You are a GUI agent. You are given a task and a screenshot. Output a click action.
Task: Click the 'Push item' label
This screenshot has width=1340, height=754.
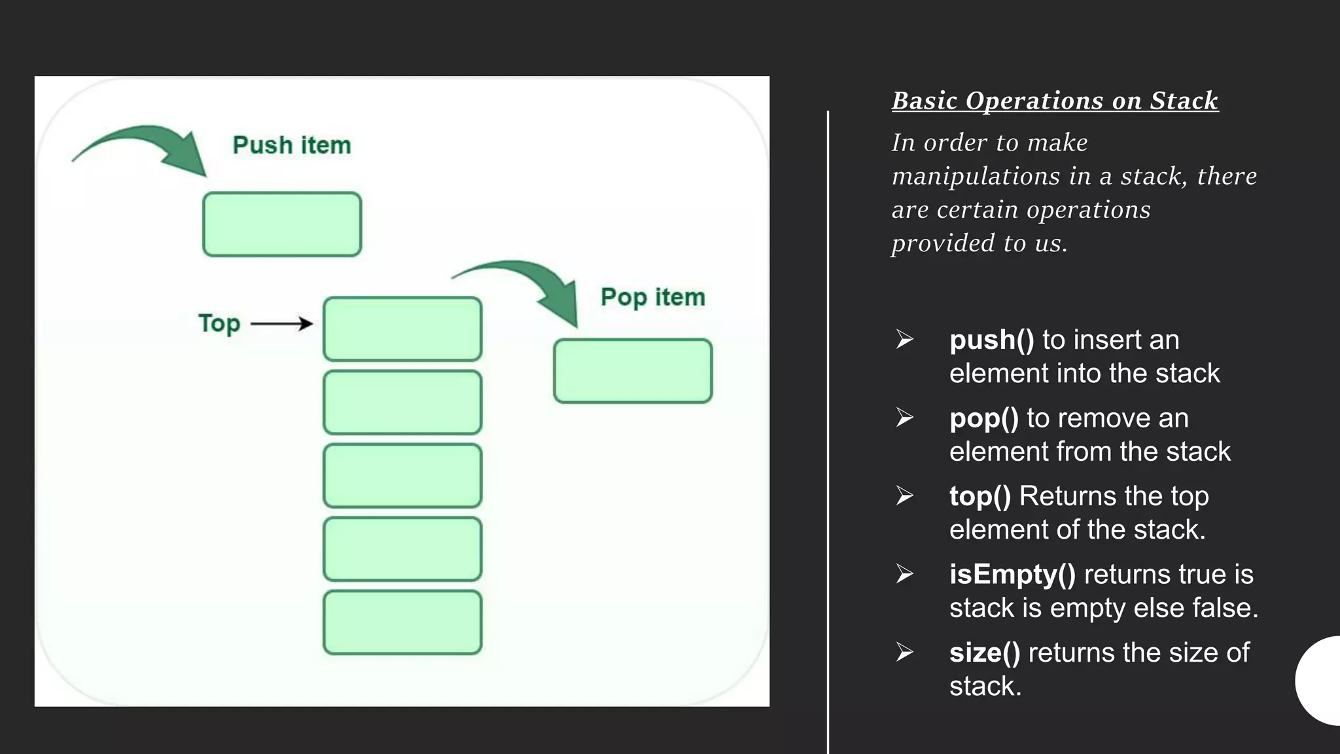pos(292,145)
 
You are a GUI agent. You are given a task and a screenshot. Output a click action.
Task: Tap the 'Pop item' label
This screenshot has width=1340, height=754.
pos(653,297)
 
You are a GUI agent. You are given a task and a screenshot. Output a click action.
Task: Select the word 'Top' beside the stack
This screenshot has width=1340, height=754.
pos(219,323)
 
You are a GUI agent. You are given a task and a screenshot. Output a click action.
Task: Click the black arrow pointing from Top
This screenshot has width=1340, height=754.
pos(281,323)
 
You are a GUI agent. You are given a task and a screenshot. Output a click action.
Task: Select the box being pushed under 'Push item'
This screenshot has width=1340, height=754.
pos(282,224)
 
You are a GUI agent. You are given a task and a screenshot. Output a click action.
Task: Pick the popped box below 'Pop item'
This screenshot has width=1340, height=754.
pos(633,370)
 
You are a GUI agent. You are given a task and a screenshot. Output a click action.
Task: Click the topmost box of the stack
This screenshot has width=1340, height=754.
pos(402,329)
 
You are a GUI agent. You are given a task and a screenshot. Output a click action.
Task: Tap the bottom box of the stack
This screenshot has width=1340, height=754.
pos(402,622)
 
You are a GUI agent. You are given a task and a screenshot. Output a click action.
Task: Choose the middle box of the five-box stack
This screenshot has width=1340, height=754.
pos(402,475)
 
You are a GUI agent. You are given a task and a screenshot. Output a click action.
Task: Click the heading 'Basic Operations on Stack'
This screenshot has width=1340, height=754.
pos(1055,101)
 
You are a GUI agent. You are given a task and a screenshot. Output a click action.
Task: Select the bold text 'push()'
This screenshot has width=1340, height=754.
pos(991,340)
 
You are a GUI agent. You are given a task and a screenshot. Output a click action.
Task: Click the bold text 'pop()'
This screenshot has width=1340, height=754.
pos(983,418)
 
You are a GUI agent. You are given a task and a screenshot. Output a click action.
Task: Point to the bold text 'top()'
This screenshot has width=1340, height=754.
pos(979,496)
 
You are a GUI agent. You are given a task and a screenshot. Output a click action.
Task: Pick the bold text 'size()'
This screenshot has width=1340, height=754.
pos(984,653)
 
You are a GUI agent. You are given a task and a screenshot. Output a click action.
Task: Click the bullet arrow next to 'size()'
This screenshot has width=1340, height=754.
pos(905,652)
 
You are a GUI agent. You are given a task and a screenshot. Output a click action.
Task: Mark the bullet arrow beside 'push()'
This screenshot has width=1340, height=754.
pos(905,339)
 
